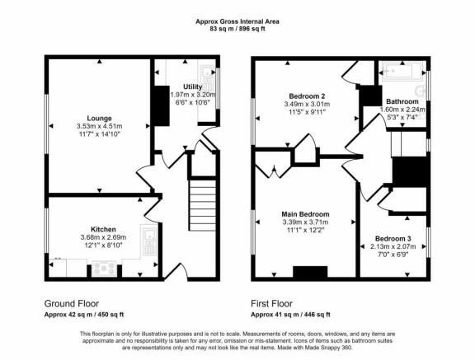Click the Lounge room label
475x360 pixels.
pos(99,119)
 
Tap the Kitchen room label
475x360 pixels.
pos(103,229)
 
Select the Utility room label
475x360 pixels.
pos(193,86)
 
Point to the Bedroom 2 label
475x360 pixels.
pos(307,96)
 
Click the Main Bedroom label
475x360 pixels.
pos(305,214)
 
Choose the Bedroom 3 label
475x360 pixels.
pos(393,238)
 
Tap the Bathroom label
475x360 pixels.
pos(402,101)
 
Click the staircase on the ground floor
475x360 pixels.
pos(203,205)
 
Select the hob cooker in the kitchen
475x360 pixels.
pos(104,268)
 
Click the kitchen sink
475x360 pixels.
pos(149,241)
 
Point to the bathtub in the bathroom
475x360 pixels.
pos(402,72)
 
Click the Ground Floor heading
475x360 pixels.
pos(72,303)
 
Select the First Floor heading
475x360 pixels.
pos(272,303)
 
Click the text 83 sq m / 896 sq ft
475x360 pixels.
pos(237,29)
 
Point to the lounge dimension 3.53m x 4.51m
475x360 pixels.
pos(99,126)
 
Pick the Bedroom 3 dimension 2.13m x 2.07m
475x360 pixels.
pos(393,246)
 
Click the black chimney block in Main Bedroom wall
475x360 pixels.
pos(310,272)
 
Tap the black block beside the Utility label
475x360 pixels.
pos(160,105)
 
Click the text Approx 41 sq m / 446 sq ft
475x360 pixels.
pos(290,315)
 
